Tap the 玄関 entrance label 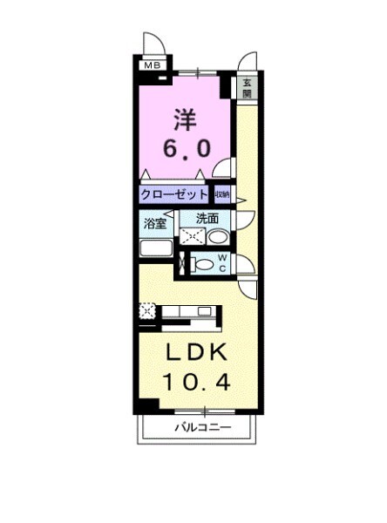247,87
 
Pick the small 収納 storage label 223,194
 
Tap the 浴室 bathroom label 155,223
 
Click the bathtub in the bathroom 156,248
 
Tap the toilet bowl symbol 204,264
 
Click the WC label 222,262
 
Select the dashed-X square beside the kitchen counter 146,310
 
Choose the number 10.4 196,384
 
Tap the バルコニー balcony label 201,429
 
